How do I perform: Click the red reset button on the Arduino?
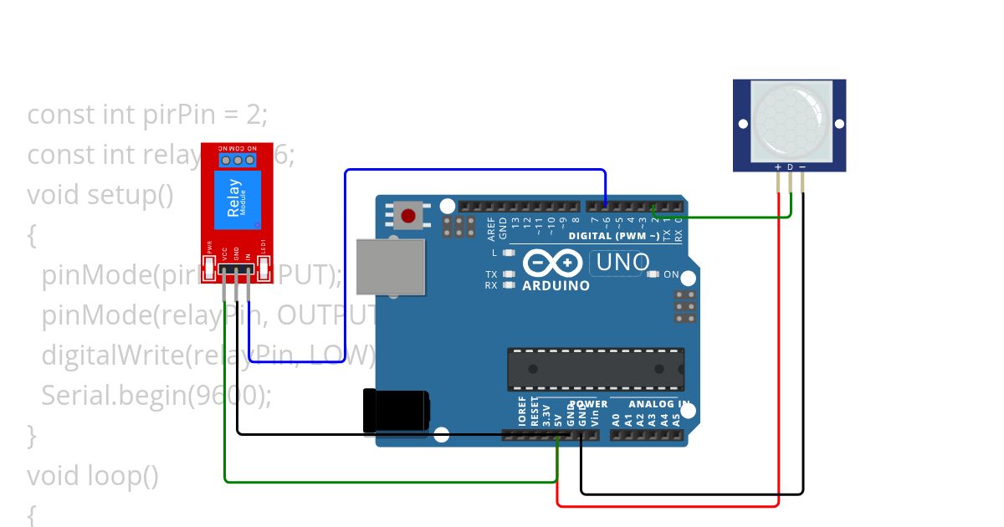click(x=408, y=217)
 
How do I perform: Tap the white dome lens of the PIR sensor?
click(x=790, y=120)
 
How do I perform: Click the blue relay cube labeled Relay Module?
click(x=237, y=200)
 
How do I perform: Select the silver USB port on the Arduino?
click(x=390, y=266)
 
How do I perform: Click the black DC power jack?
click(x=396, y=412)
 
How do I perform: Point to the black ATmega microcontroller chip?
click(x=595, y=369)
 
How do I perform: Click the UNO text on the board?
click(x=622, y=263)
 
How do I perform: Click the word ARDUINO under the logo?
click(x=556, y=285)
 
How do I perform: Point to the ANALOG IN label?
click(x=659, y=404)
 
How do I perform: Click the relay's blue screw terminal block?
click(x=238, y=160)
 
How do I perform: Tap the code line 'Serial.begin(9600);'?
click(x=156, y=395)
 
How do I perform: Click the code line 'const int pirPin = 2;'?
click(x=147, y=114)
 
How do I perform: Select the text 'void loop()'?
click(x=92, y=476)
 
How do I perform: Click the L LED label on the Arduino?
click(x=494, y=252)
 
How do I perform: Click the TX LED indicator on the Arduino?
click(x=508, y=274)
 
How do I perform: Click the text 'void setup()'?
click(x=100, y=195)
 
